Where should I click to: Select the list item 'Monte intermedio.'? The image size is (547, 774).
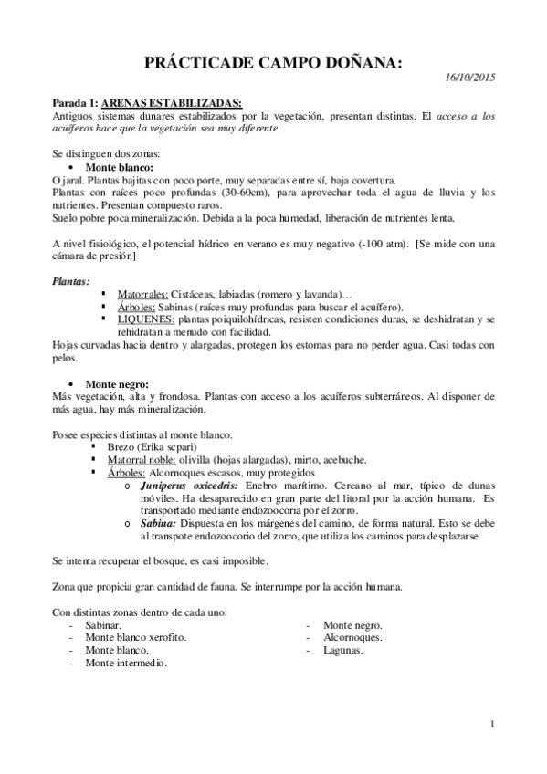(126, 663)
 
